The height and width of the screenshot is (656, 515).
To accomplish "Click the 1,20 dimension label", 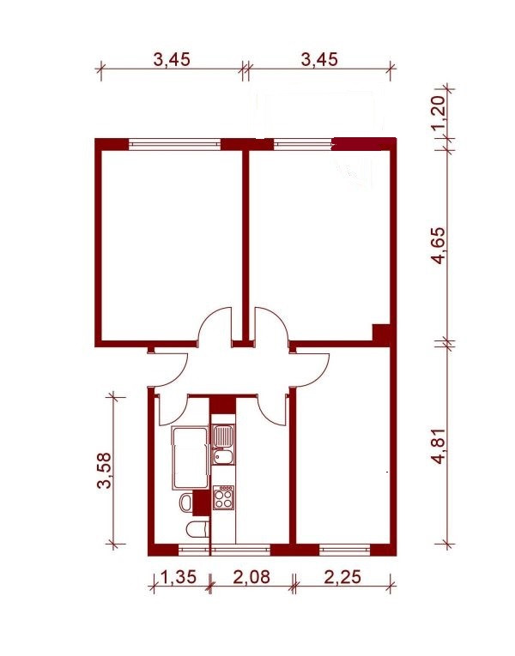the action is point(438,112).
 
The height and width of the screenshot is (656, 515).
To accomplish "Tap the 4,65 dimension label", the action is point(439,245).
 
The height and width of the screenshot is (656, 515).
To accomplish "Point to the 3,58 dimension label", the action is point(104,470).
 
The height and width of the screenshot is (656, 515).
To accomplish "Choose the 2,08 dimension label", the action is point(252,577).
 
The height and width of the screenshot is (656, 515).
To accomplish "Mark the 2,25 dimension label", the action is point(342,577).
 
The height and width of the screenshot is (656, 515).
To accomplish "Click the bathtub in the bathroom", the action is point(190,458).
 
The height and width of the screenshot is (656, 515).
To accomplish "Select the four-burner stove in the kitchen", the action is point(223,497).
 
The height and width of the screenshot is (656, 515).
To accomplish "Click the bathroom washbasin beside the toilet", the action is point(186,502).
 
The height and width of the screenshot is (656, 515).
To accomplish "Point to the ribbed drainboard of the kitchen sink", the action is point(223,436).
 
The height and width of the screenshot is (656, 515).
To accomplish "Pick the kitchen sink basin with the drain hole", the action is point(223,456).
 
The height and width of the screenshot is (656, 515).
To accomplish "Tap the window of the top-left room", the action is point(175,144).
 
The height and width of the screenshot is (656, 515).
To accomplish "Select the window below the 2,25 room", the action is point(345,550).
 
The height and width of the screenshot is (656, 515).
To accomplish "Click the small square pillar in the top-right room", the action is point(381,332).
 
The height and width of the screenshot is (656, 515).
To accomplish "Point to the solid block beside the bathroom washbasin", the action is point(202,503).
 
